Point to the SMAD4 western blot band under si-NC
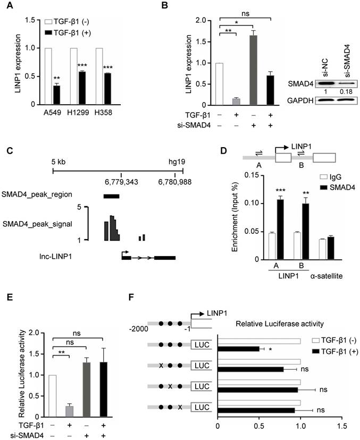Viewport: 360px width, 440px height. [315, 83]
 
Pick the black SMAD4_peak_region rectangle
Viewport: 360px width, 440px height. [112, 196]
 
